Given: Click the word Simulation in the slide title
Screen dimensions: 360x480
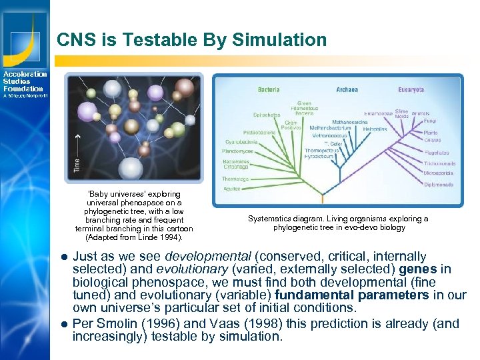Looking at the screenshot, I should click(280, 40).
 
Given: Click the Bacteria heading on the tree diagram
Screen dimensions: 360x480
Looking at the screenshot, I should click(269, 89).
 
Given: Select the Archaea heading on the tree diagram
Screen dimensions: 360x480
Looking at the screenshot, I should click(347, 89).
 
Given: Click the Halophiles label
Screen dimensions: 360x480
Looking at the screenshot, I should click(366, 129).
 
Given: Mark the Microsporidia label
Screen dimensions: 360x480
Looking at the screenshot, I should click(437, 173).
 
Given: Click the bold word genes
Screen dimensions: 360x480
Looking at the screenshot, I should click(419, 269).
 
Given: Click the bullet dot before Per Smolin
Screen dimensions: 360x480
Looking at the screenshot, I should click(64, 324).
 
